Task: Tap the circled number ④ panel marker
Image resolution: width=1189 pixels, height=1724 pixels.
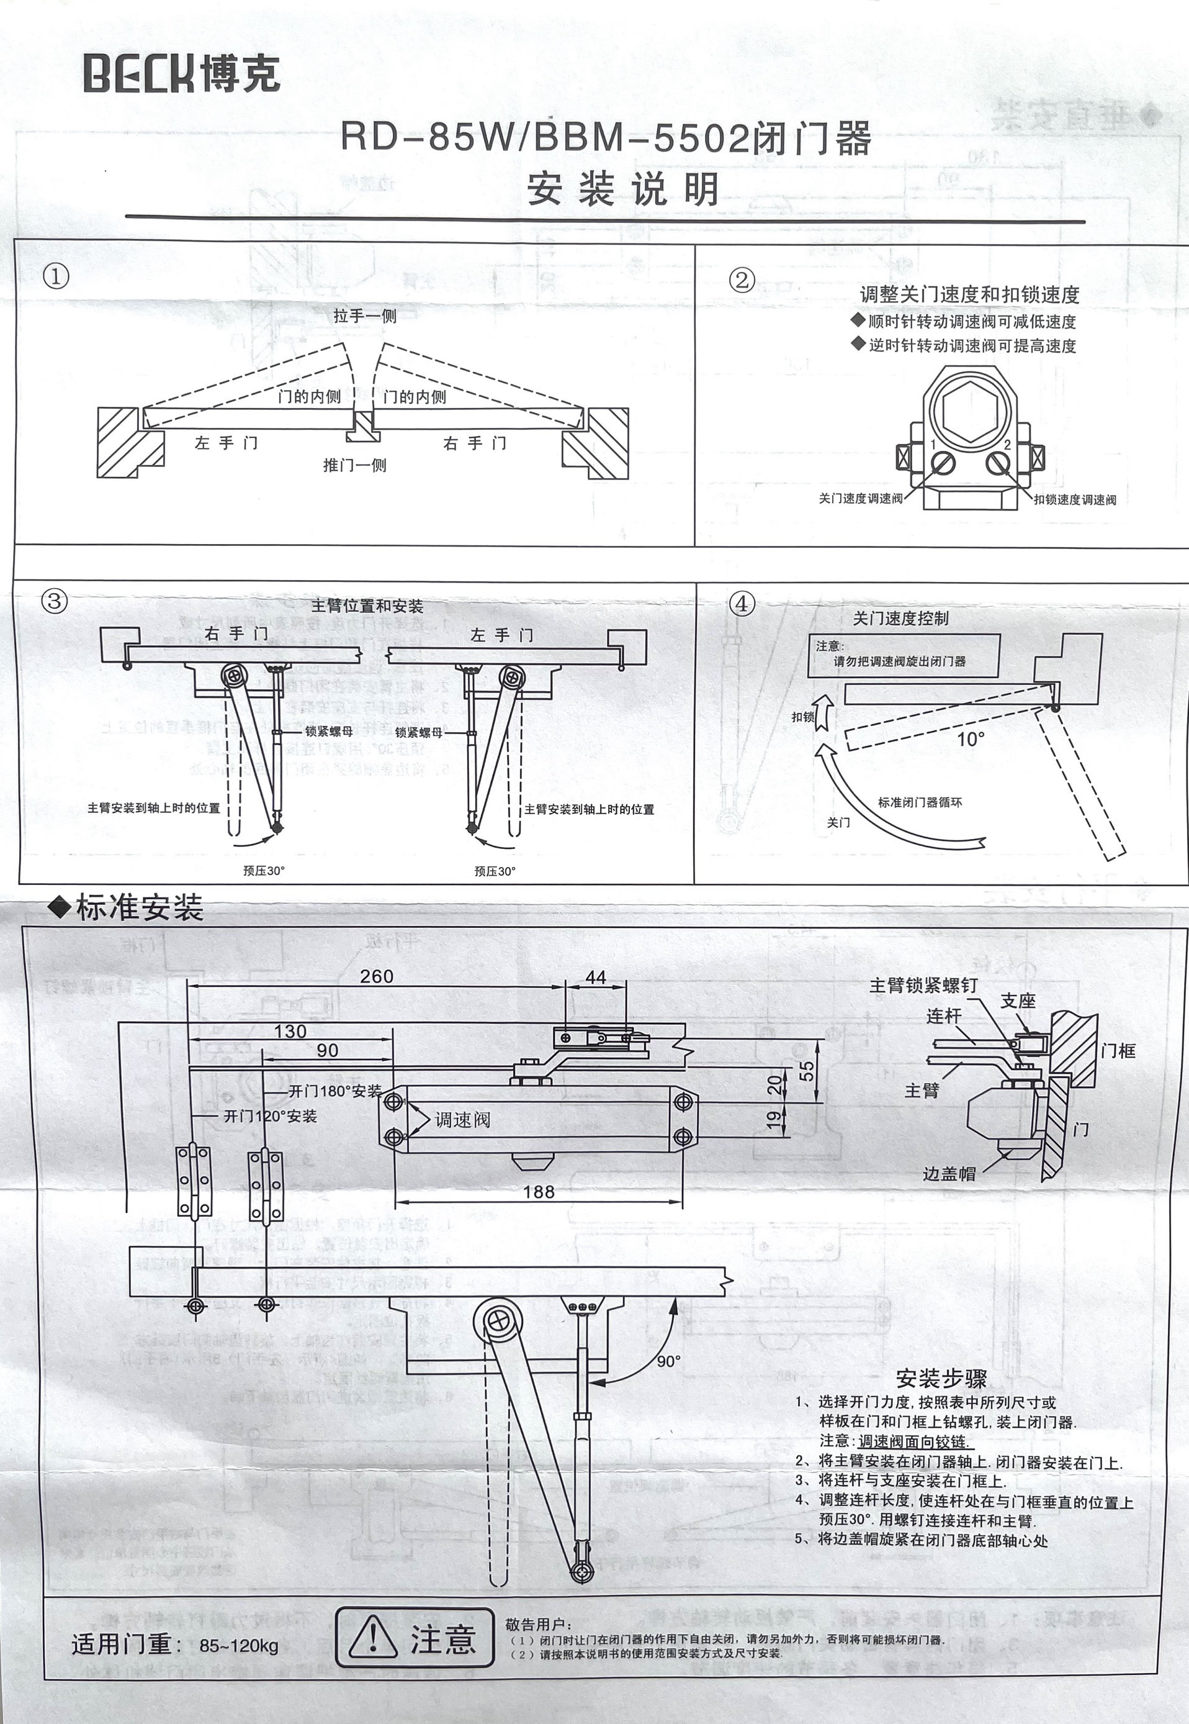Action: pyautogui.click(x=741, y=604)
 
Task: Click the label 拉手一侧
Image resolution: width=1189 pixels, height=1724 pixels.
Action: pyautogui.click(x=365, y=316)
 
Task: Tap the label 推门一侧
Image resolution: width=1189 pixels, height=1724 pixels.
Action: pyautogui.click(x=354, y=466)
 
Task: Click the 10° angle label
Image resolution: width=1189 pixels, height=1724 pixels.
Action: pyautogui.click(x=971, y=738)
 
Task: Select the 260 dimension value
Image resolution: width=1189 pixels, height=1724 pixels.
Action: pyautogui.click(x=376, y=976)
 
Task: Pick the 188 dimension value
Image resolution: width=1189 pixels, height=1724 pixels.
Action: pyautogui.click(x=539, y=1192)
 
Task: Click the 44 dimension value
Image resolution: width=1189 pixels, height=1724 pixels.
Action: pyautogui.click(x=596, y=976)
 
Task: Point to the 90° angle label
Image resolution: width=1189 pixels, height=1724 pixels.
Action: pyautogui.click(x=668, y=1362)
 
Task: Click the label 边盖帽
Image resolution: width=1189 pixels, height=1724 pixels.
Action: pyautogui.click(x=949, y=1174)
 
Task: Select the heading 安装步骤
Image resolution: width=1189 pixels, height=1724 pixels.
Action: pyautogui.click(x=941, y=1378)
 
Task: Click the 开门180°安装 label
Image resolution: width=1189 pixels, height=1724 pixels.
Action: pyautogui.click(x=335, y=1091)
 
